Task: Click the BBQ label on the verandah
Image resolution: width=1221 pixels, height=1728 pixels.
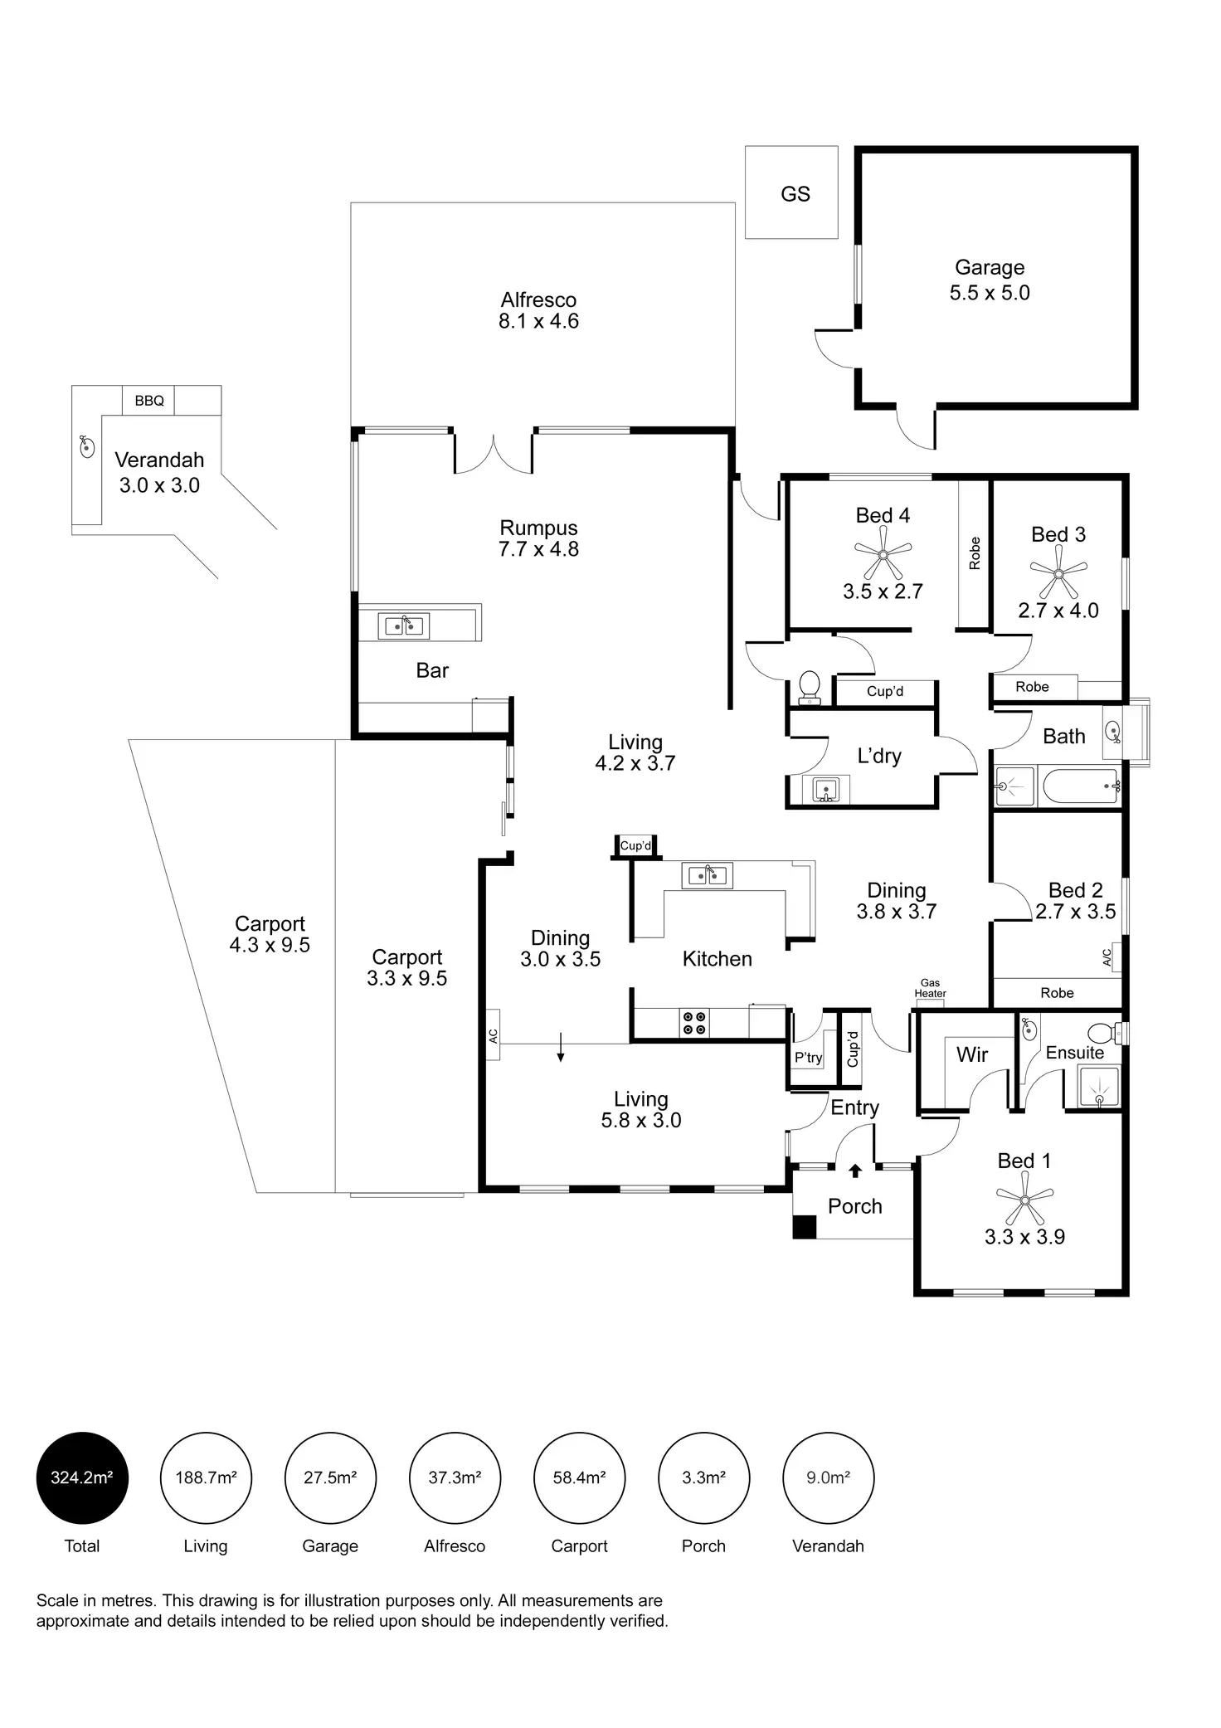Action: point(149,401)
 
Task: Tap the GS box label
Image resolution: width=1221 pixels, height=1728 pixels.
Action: point(795,194)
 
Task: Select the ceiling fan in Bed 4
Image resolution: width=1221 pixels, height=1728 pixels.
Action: point(883,555)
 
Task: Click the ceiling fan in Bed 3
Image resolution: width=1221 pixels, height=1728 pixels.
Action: point(1058,573)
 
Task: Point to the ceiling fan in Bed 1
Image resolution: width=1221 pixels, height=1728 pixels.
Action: point(1024,1200)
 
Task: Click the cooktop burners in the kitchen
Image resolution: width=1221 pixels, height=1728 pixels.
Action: point(695,1023)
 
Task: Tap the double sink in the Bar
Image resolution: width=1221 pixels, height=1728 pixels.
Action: point(403,626)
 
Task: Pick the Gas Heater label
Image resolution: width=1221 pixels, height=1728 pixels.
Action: point(930,988)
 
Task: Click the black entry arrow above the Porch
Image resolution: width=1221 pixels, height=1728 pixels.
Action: point(855,1171)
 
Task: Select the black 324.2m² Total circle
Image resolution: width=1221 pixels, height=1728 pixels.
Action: point(82,1477)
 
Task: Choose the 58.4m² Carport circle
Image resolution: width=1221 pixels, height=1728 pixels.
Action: point(579,1477)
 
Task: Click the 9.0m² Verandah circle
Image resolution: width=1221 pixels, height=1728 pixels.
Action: point(828,1477)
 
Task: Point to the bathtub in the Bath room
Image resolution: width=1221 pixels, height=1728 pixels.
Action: point(1079,785)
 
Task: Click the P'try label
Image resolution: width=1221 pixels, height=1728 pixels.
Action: point(808,1058)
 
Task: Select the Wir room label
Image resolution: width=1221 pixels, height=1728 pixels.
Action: point(971,1054)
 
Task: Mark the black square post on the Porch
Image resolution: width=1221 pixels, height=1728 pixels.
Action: point(804,1227)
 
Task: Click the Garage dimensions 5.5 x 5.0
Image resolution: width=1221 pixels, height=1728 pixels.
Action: point(990,293)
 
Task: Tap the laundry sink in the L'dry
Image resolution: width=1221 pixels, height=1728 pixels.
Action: point(825,789)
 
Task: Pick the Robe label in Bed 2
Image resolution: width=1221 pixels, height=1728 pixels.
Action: point(1057,993)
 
